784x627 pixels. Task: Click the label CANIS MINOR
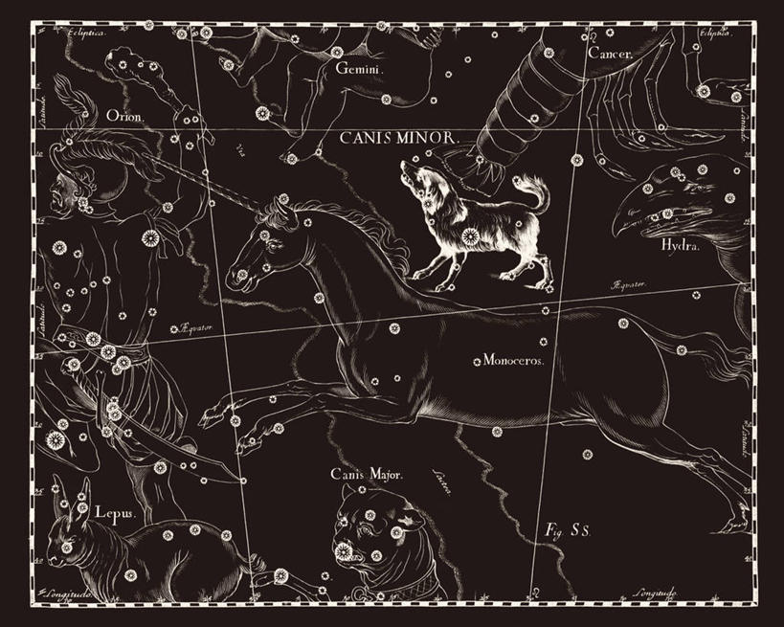(x=401, y=138)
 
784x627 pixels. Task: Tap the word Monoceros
(x=513, y=361)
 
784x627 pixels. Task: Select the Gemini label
(x=359, y=69)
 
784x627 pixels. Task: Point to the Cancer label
(x=610, y=54)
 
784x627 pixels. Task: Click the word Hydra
(x=681, y=245)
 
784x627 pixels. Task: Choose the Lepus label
(x=114, y=512)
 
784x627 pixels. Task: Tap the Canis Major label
(x=368, y=474)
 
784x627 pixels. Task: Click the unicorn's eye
(x=274, y=246)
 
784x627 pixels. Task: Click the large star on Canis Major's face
(x=343, y=551)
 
